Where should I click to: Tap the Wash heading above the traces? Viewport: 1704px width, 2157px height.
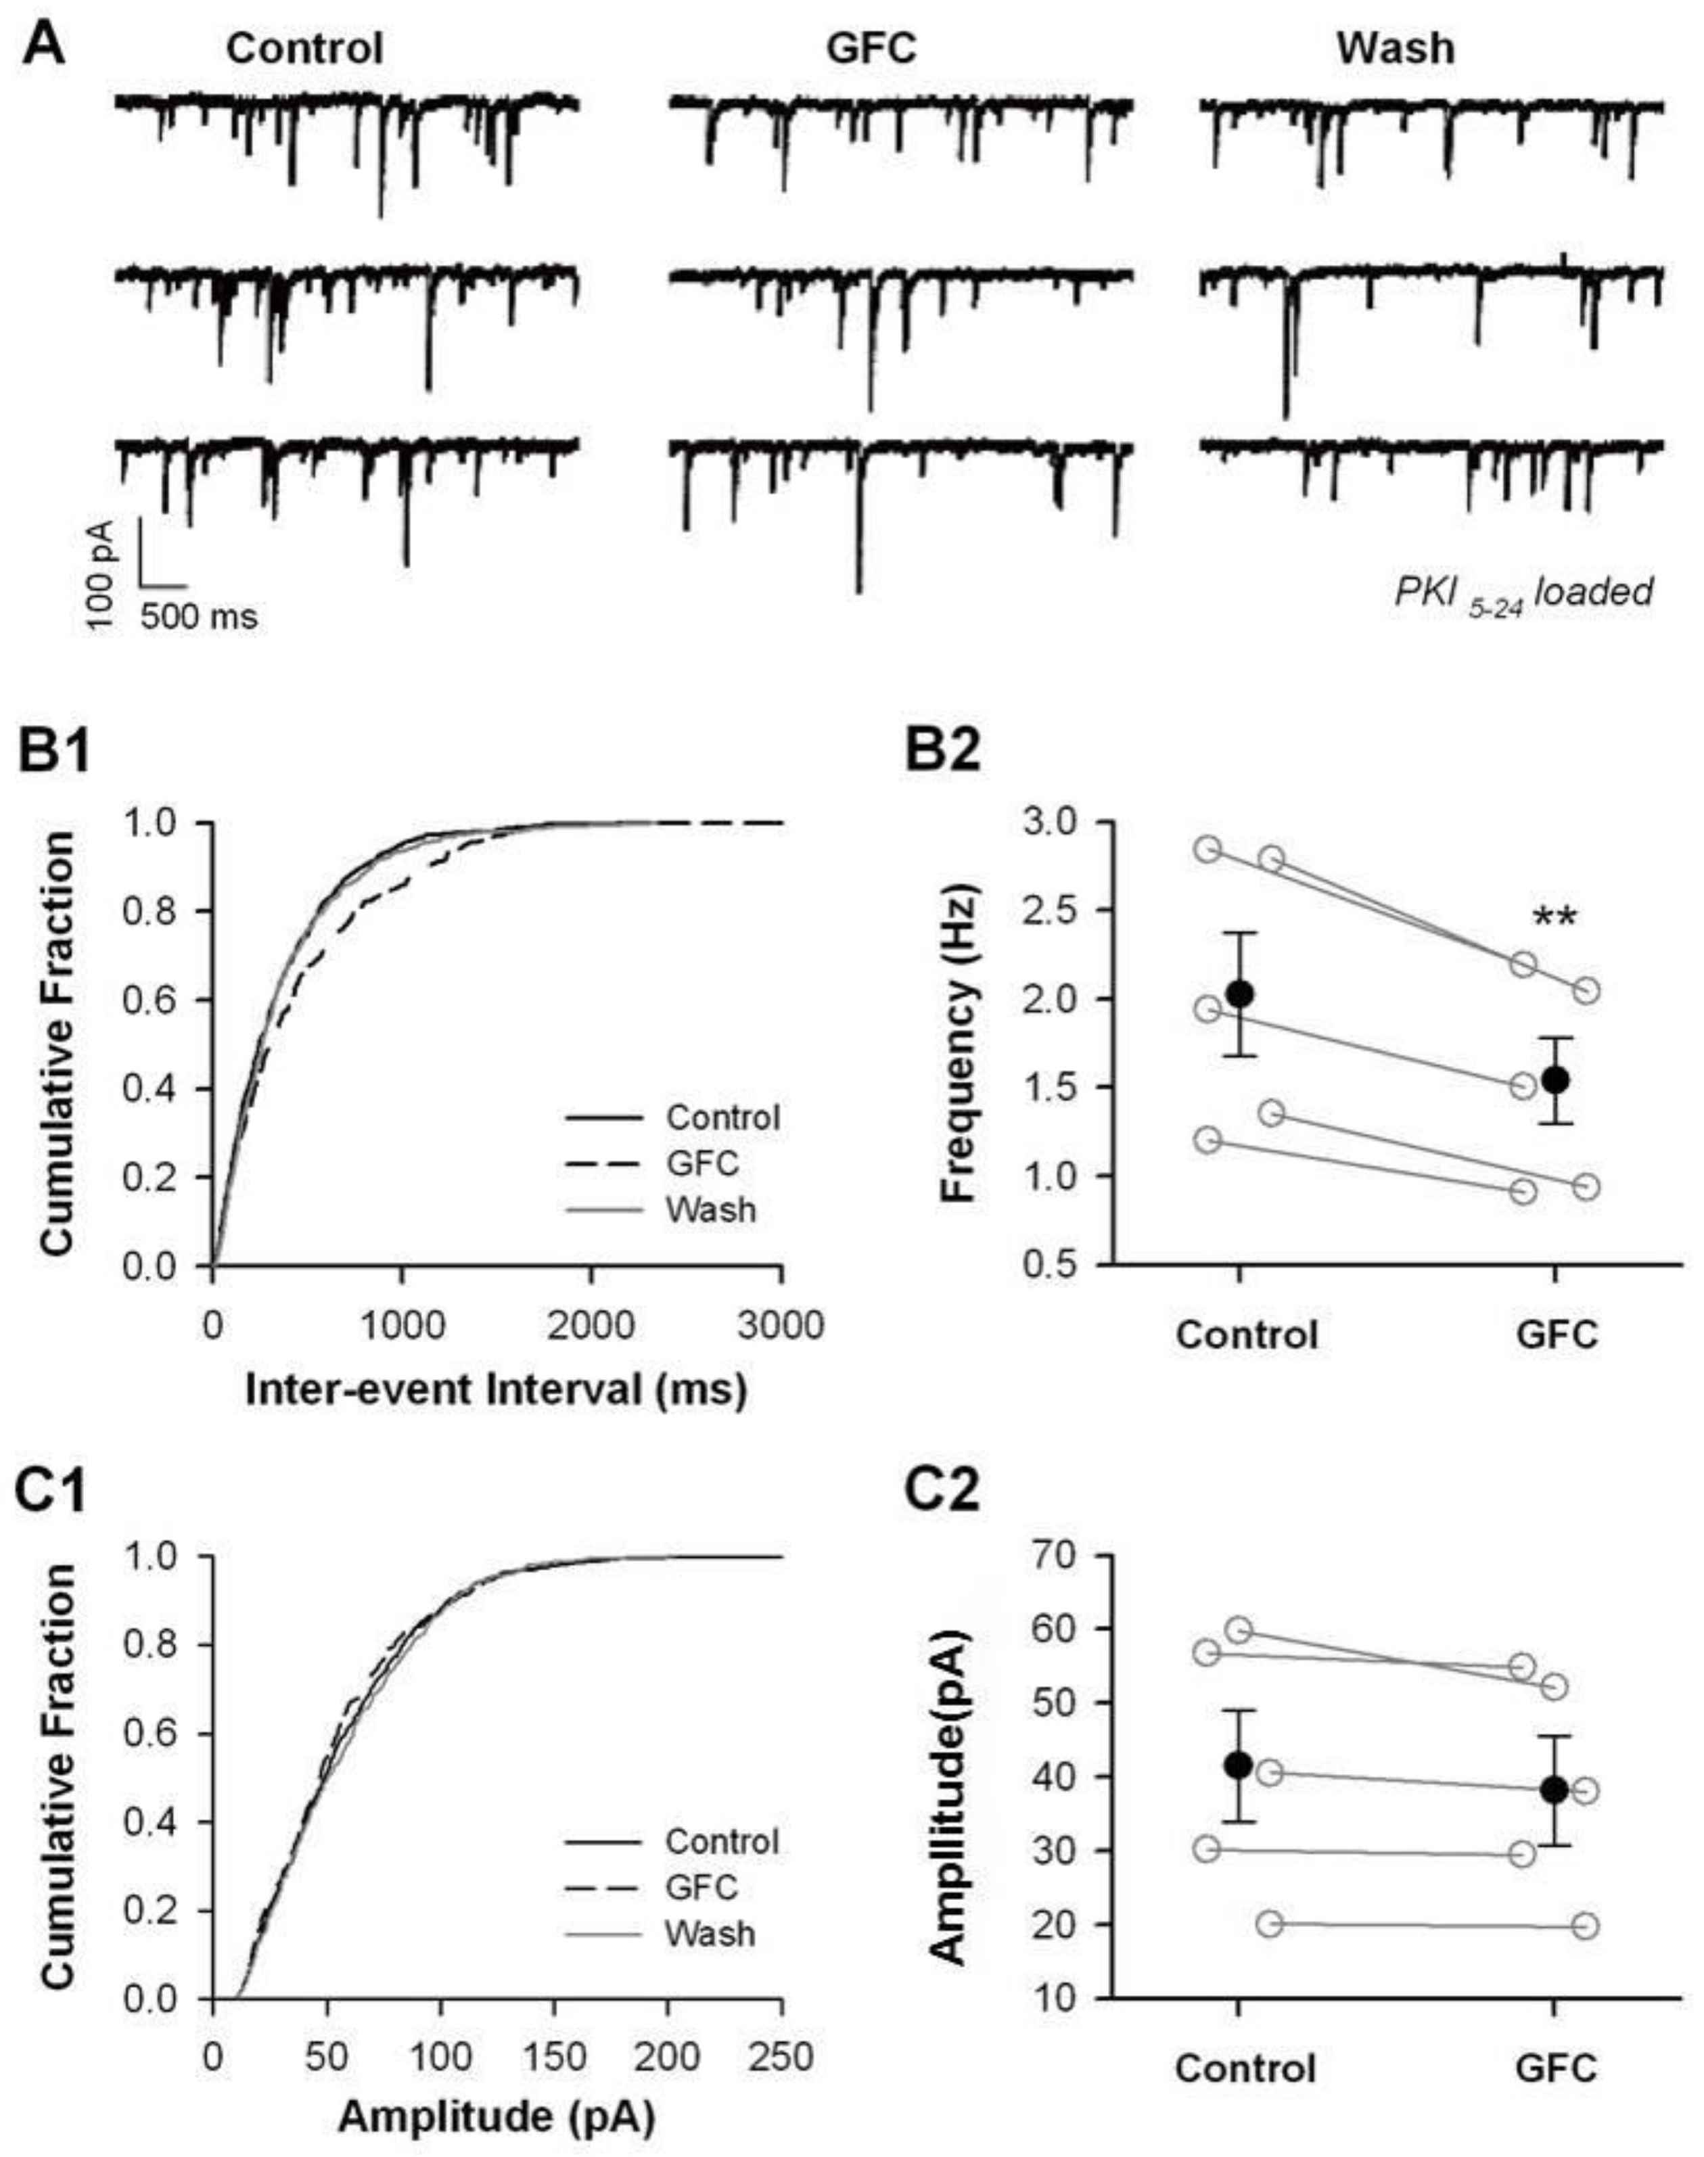1395,48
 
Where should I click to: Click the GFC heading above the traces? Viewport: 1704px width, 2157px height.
871,48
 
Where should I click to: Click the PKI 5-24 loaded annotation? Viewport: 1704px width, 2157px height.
1523,593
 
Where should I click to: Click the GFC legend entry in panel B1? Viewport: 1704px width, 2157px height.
702,1163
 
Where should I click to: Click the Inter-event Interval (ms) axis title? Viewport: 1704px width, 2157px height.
496,1390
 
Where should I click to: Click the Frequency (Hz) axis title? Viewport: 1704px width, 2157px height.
961,1044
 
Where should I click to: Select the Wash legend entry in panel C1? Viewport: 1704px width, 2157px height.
710,1934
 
